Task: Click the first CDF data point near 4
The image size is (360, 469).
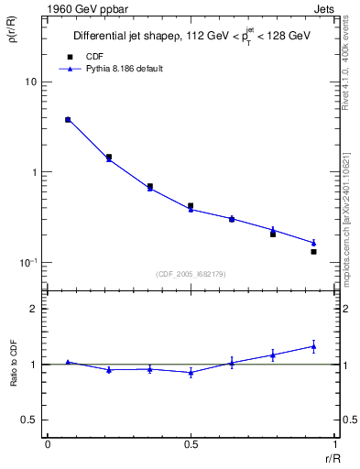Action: coord(68,119)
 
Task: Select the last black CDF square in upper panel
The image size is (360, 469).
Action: coord(313,251)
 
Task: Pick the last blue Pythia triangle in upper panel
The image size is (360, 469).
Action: coord(313,243)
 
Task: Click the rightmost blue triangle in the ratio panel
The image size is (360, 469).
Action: coord(313,346)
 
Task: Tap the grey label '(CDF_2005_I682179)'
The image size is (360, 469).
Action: coord(190,273)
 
